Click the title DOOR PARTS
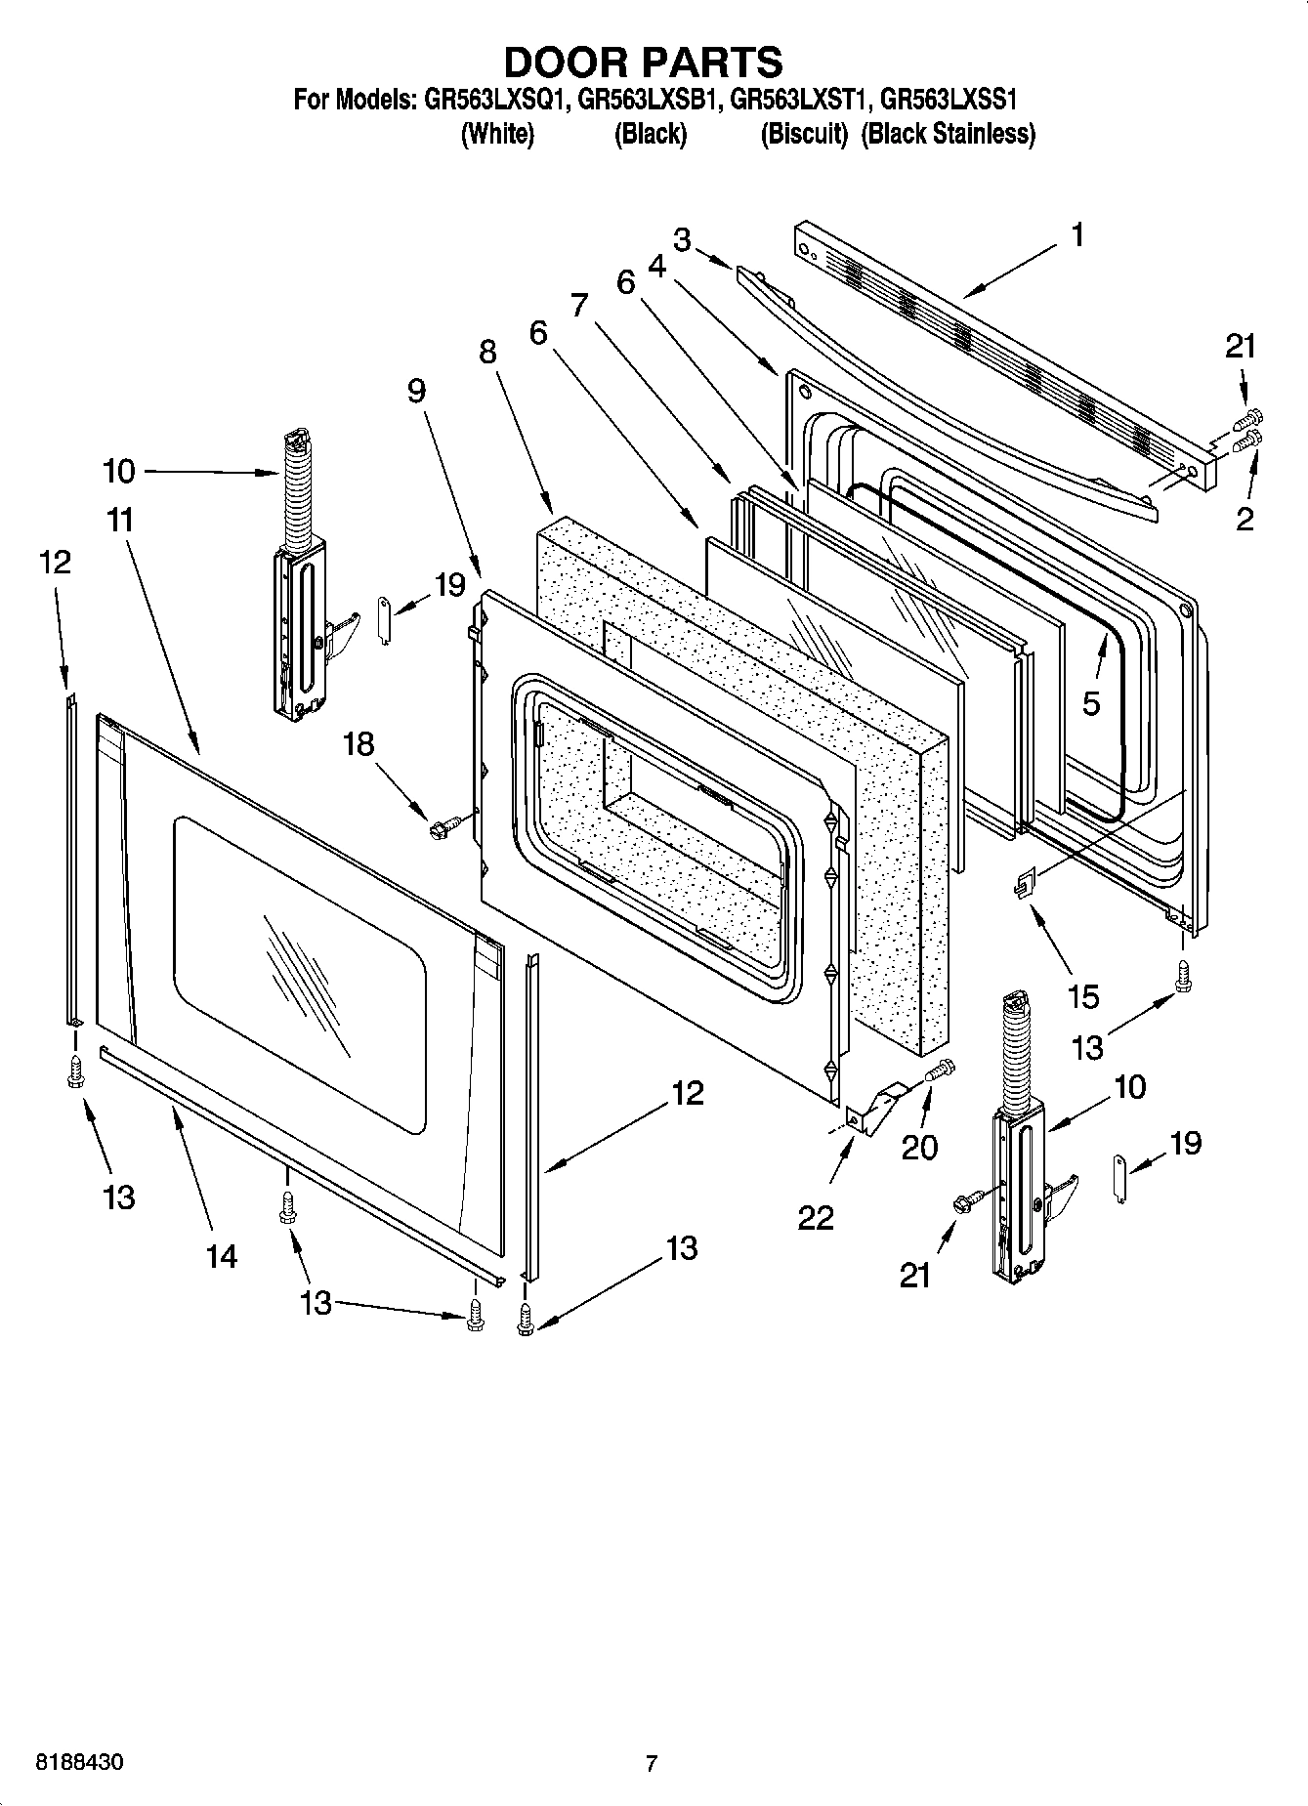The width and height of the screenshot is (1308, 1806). click(x=643, y=62)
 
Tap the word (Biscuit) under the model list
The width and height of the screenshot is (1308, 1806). click(x=804, y=134)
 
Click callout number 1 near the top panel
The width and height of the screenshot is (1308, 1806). click(x=1077, y=235)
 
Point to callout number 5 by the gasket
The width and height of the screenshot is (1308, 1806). click(x=1091, y=702)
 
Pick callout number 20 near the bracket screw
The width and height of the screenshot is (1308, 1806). click(x=919, y=1148)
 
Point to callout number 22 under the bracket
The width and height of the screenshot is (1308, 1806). click(x=816, y=1217)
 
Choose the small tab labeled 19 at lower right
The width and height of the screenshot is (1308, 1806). click(x=1119, y=1178)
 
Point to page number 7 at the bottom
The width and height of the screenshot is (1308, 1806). click(x=651, y=1763)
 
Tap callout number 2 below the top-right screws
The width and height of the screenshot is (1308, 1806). click(x=1245, y=519)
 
